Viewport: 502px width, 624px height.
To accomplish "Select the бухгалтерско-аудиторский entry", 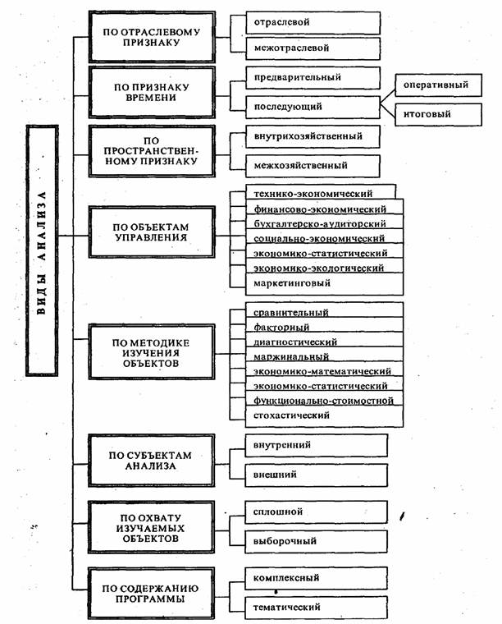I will [315, 224].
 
